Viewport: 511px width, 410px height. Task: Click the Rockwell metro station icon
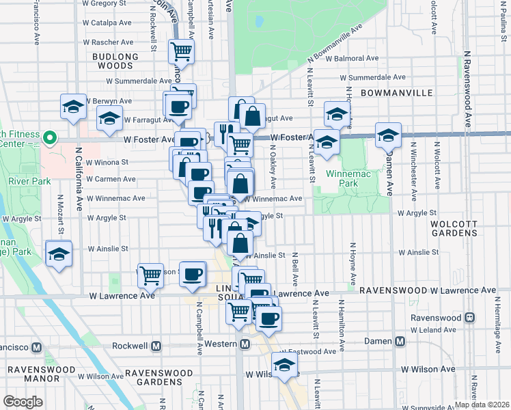(156, 346)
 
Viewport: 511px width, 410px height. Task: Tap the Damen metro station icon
(400, 340)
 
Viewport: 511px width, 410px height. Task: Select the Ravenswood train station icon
(469, 318)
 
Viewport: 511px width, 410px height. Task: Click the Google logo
(23, 402)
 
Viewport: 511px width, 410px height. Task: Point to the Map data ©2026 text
(482, 405)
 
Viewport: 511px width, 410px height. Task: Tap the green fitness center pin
(49, 138)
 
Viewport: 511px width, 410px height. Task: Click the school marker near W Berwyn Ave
(73, 106)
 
